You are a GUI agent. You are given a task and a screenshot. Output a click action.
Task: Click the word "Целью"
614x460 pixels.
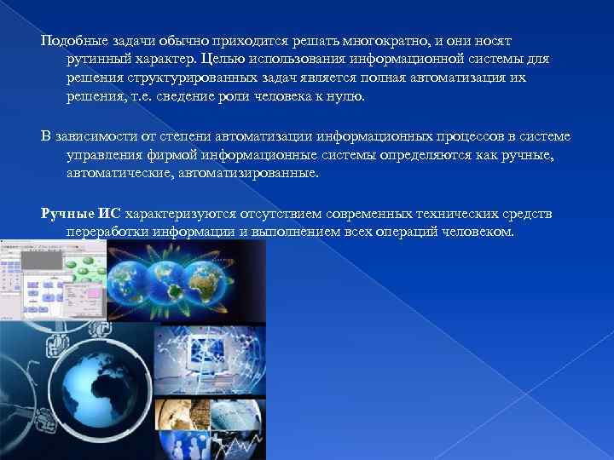pos(224,60)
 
